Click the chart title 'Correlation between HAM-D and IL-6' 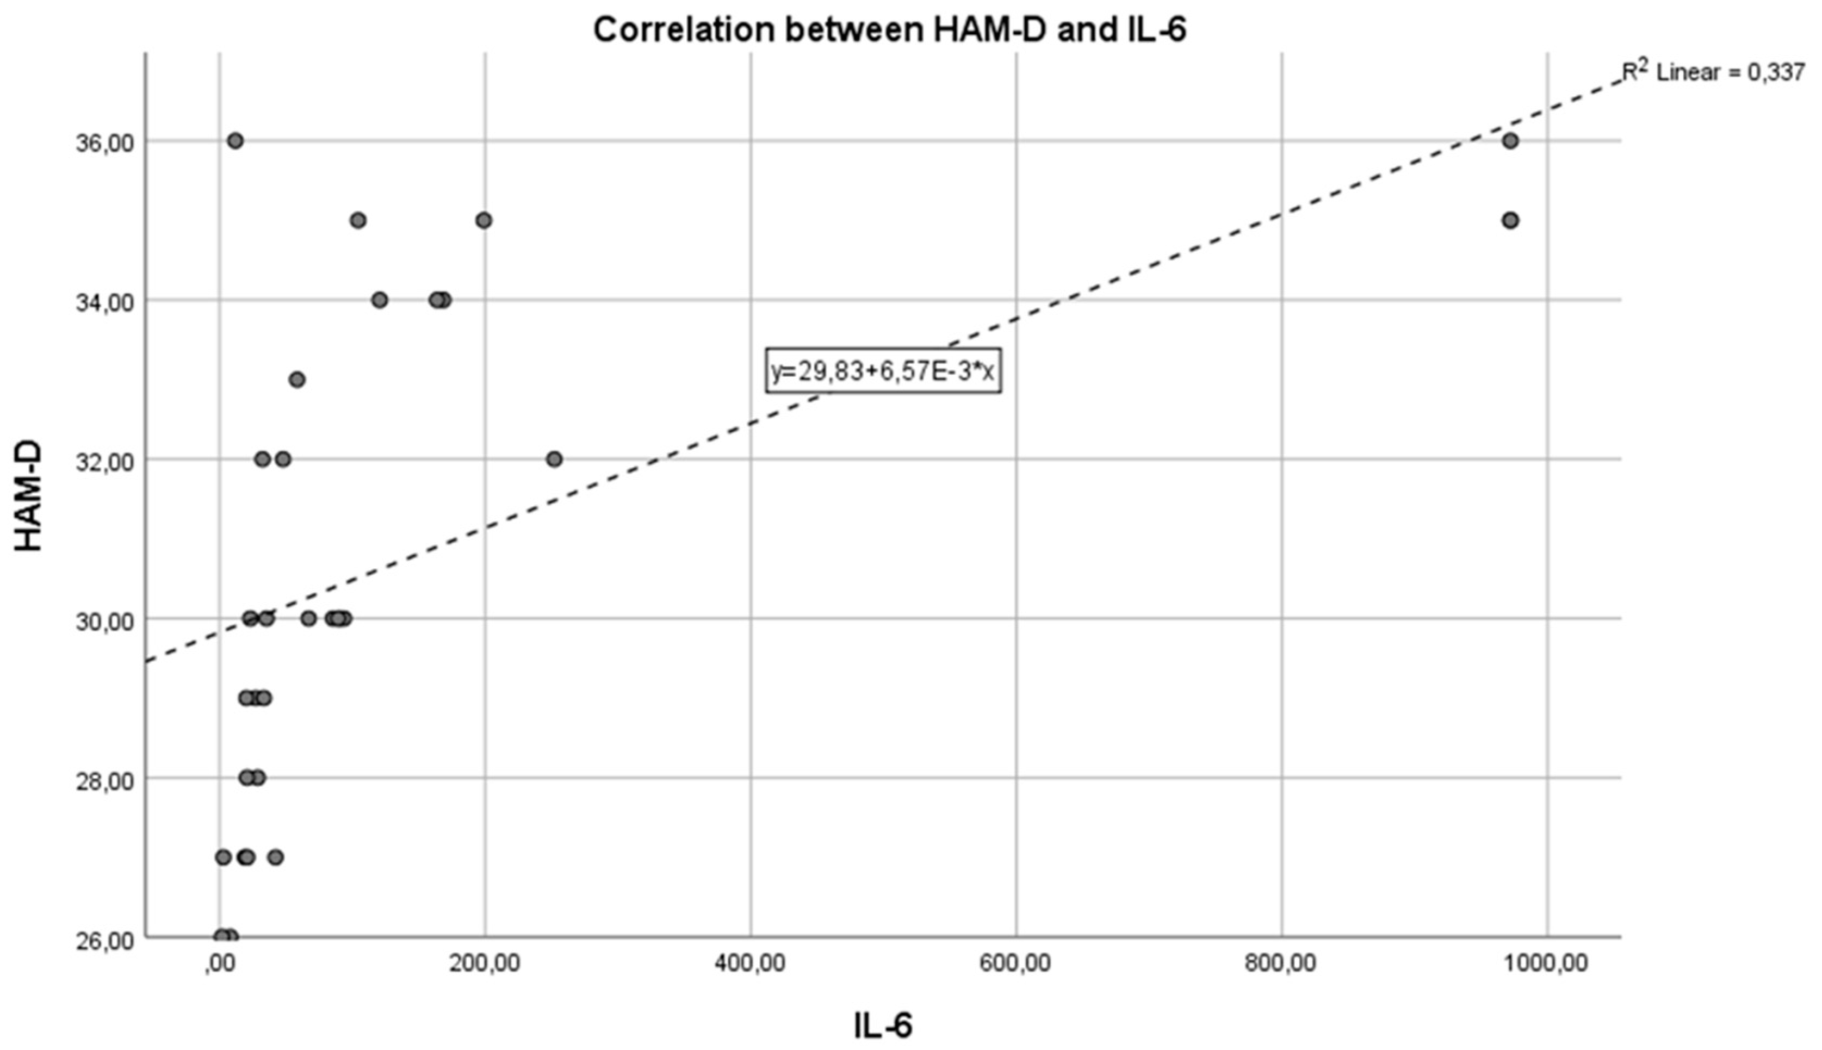tap(889, 30)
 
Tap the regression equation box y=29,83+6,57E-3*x tap(883, 371)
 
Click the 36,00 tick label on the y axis tap(104, 143)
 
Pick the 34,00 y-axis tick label tap(104, 302)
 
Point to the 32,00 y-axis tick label tap(104, 462)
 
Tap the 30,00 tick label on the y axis tap(104, 621)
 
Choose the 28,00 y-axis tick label tap(104, 780)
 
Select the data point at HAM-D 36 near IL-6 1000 tap(1510, 141)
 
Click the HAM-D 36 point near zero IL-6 tap(235, 141)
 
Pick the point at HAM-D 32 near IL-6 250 tap(554, 459)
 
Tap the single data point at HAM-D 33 tap(297, 380)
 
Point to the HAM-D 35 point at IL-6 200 tap(484, 220)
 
